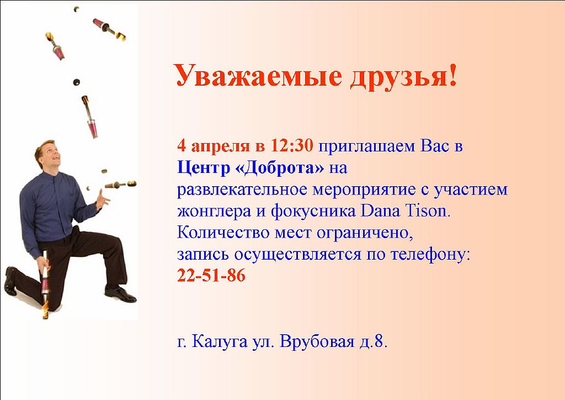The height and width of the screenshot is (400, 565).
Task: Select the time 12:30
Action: click(x=292, y=146)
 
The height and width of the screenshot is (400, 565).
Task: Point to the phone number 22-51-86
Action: click(x=211, y=275)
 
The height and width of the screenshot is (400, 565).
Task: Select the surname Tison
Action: click(x=428, y=210)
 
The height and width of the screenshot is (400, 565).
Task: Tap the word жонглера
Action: click(x=214, y=212)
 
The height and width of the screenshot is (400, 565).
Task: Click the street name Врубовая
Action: click(x=317, y=341)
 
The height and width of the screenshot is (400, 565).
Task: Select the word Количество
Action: click(x=223, y=233)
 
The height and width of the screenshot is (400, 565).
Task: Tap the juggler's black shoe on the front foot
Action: click(x=120, y=293)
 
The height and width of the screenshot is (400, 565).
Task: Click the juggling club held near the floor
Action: click(x=45, y=285)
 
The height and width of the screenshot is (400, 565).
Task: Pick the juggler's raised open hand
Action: click(x=102, y=199)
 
